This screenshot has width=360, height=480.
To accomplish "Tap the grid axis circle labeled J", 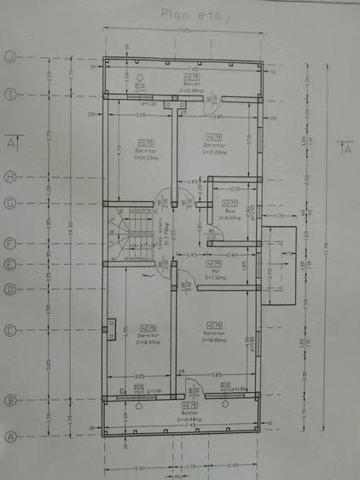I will tap(10, 57).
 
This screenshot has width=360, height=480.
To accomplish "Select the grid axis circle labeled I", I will tap(10, 94).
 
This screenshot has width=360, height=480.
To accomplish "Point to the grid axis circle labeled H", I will tap(10, 177).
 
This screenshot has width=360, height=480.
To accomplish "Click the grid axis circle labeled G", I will tap(10, 203).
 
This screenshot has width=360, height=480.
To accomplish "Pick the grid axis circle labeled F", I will tap(10, 244).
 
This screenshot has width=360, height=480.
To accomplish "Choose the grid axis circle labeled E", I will tap(10, 264).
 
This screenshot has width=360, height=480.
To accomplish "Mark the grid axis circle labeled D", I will tap(10, 290).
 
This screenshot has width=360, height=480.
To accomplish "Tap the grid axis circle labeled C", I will tap(10, 331).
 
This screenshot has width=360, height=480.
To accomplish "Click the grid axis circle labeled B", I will tap(10, 398).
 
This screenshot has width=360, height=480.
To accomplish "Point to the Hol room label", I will tap(214, 271).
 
